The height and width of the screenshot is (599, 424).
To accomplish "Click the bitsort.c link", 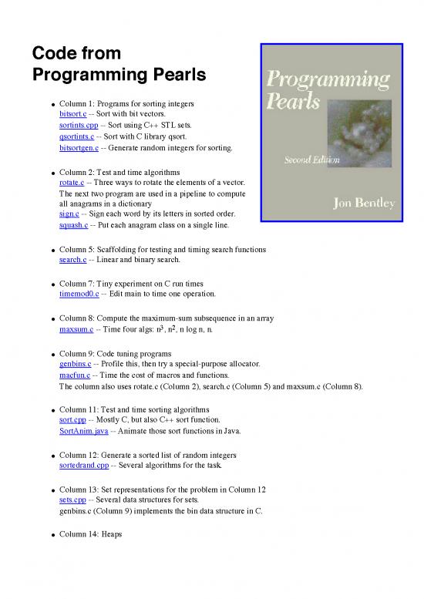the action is tap(73, 113).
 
